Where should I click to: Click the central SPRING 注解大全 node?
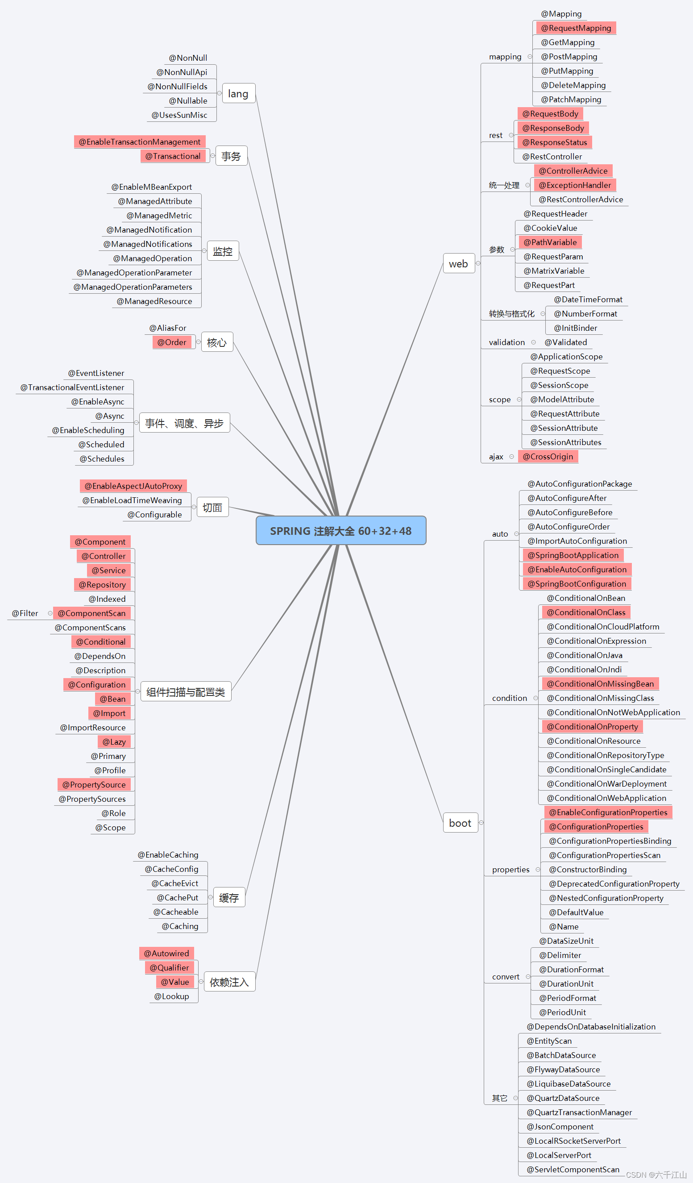(340, 530)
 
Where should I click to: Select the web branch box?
(458, 264)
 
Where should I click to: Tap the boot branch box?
(460, 823)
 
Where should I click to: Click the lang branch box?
(238, 94)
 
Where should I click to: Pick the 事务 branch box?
(231, 156)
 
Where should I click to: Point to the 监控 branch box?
(223, 251)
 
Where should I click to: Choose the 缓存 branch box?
(229, 898)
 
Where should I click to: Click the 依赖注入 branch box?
(229, 982)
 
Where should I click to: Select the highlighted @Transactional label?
(173, 156)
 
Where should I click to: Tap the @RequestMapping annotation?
(576, 28)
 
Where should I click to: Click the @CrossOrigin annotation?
(548, 456)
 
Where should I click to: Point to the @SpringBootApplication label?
(573, 555)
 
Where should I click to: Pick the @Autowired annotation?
(166, 954)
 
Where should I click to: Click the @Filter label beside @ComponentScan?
(25, 613)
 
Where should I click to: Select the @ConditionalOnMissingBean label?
(600, 683)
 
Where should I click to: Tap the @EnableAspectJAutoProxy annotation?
(133, 486)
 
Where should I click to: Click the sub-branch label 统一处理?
(504, 185)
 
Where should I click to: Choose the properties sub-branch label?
(510, 870)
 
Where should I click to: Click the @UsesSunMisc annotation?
(179, 115)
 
